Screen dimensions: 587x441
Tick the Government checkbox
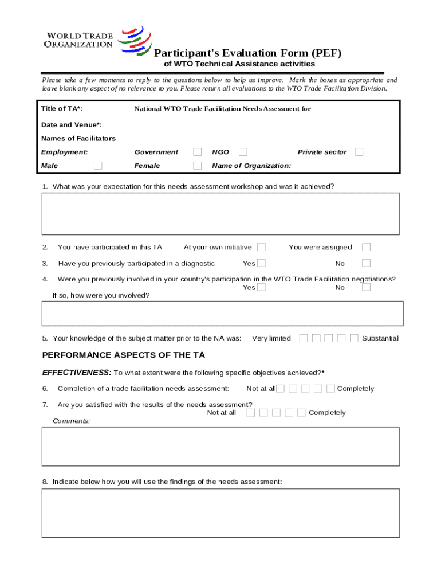click(x=197, y=152)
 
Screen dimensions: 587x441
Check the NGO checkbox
click(x=243, y=152)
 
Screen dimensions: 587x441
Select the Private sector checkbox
click(x=359, y=152)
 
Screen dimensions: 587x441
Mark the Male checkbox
click(x=98, y=166)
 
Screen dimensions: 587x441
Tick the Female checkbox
click(x=197, y=166)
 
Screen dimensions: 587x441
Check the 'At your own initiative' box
click(x=261, y=247)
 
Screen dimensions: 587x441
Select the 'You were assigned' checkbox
click(x=366, y=247)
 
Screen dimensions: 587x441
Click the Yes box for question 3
click(x=261, y=263)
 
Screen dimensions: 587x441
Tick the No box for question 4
click(x=366, y=287)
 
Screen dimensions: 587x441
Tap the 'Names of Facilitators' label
click(x=78, y=138)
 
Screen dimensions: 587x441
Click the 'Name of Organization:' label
click(x=251, y=166)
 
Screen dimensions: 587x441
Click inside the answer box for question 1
click(x=220, y=214)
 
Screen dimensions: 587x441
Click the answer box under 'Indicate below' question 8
click(x=220, y=513)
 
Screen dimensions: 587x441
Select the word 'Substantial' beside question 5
click(x=380, y=338)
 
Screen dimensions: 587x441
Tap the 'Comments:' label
click(x=72, y=421)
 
